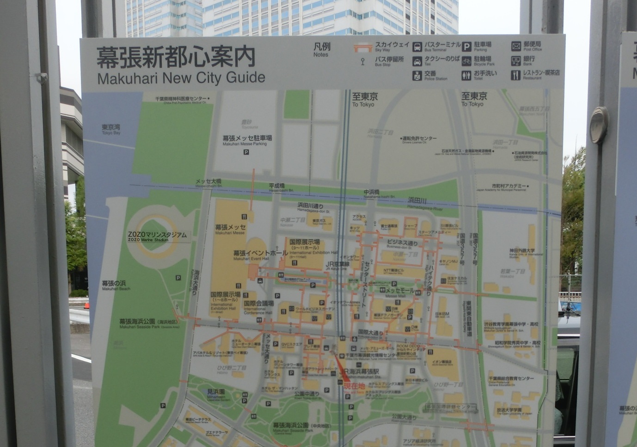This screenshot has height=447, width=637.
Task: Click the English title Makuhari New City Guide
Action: (x=181, y=77)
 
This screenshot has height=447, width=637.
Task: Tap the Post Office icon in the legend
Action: (x=516, y=46)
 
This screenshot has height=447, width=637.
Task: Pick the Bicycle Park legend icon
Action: (x=466, y=61)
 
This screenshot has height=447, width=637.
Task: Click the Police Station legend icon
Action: (x=417, y=75)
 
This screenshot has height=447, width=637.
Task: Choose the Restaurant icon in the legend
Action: (x=516, y=75)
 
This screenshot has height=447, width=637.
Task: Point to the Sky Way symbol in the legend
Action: (x=363, y=48)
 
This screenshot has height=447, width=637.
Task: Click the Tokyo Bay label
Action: (x=111, y=129)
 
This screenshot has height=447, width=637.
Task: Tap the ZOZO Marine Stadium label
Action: (x=157, y=236)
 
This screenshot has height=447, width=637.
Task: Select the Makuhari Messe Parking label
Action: (x=247, y=140)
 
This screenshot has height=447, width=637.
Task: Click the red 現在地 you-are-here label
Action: (x=355, y=386)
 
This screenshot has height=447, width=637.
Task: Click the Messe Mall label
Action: (x=399, y=292)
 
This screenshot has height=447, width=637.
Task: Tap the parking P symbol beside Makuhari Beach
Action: (x=178, y=278)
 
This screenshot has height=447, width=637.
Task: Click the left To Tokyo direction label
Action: (x=365, y=99)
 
